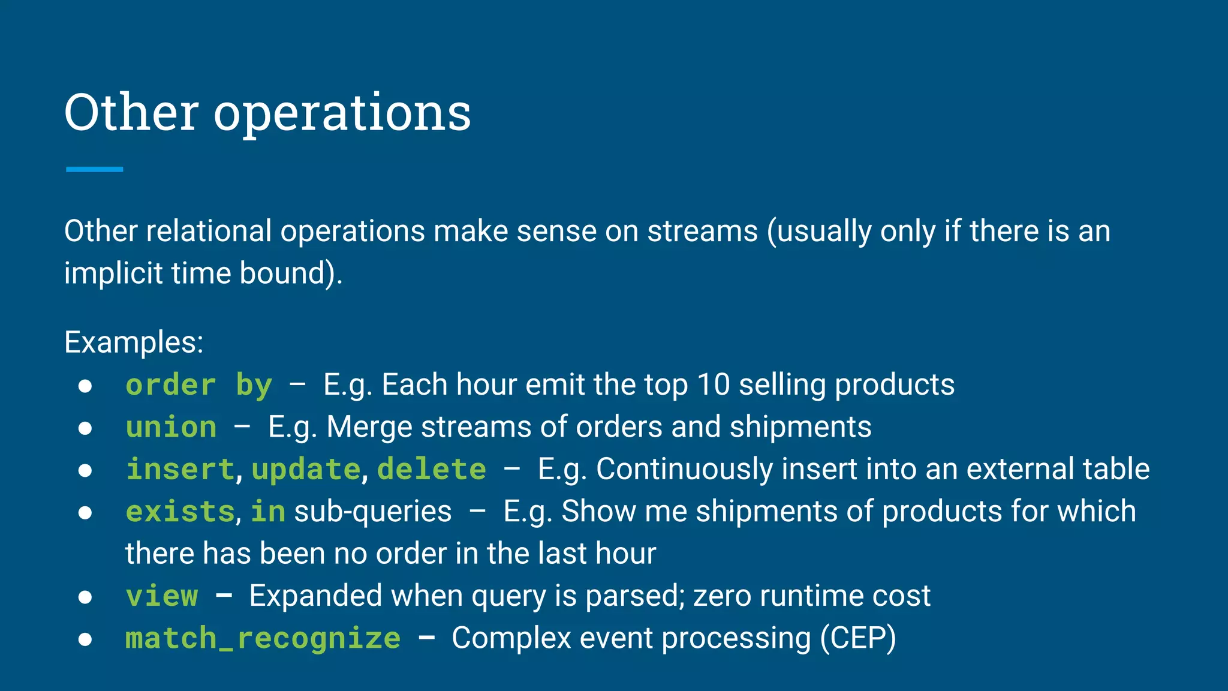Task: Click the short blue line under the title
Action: (94, 170)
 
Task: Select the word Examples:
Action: (134, 343)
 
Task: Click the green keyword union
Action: (171, 428)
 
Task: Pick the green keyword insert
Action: (180, 469)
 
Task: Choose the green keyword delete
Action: (432, 469)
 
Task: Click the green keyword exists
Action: (180, 512)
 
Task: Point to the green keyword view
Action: (162, 596)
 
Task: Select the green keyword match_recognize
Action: (263, 638)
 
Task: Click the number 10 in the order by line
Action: (714, 384)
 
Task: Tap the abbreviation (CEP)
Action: (858, 638)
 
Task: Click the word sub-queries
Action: (372, 512)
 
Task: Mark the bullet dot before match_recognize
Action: (85, 639)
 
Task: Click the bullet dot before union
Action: (85, 428)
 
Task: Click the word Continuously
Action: (684, 469)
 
